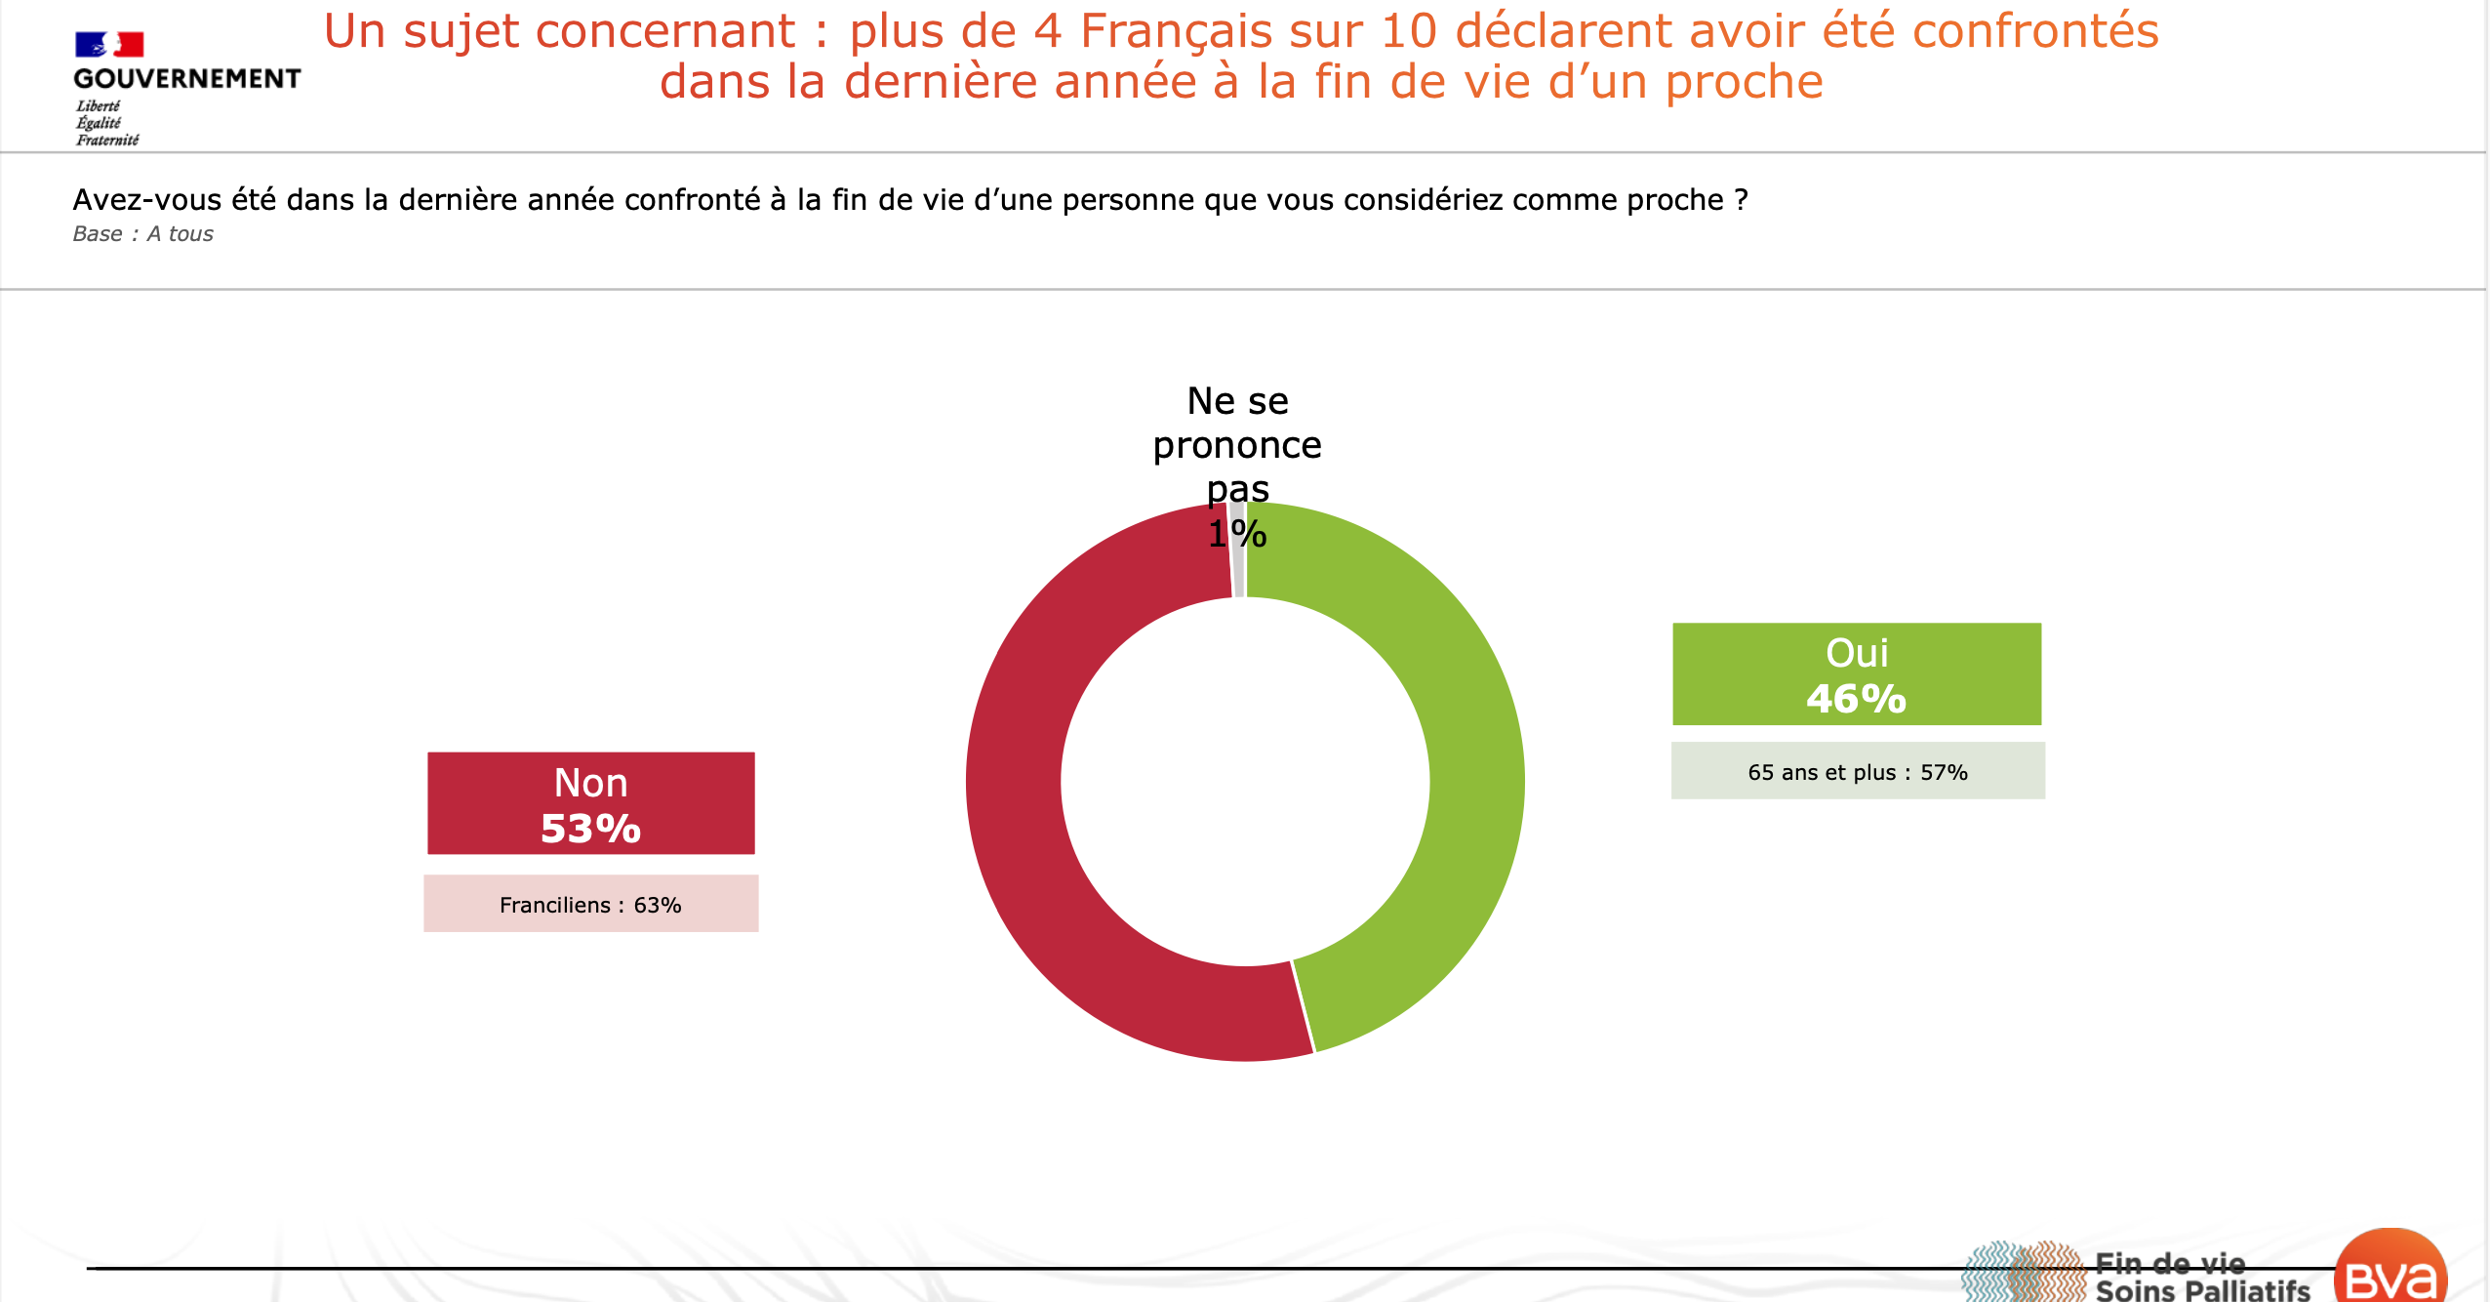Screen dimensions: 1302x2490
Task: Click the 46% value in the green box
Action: tap(1856, 699)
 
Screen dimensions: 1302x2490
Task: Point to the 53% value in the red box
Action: tap(590, 829)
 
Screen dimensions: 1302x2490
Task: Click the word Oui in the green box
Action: tap(1856, 653)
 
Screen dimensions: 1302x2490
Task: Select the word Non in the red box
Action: tap(590, 783)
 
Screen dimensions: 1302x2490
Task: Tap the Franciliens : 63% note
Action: tap(590, 905)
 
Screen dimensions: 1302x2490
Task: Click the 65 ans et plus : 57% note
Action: tap(1857, 772)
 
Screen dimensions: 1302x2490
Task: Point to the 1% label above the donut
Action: tap(1237, 534)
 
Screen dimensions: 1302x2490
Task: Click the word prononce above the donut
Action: tap(1237, 445)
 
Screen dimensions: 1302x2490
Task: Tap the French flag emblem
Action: tap(109, 44)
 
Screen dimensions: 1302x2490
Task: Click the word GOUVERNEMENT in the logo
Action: tap(187, 78)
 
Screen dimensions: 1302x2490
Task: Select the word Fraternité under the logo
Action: tap(107, 140)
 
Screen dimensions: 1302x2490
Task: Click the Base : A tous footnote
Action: tap(142, 234)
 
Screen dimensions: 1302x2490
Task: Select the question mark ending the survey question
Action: tap(1741, 200)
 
